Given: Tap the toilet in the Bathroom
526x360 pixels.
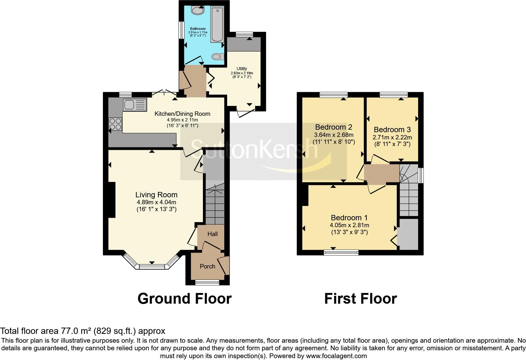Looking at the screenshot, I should (217, 57).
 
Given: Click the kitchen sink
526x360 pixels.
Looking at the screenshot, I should (135, 104).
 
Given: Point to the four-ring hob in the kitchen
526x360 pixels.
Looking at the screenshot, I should (115, 123).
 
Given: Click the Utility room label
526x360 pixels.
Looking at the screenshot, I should (242, 69).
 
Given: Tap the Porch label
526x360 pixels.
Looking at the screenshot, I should (208, 266).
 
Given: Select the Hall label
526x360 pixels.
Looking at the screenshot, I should (212, 234).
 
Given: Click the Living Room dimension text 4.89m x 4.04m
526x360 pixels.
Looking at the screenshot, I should (156, 202).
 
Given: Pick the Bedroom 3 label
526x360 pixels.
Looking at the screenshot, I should (392, 130).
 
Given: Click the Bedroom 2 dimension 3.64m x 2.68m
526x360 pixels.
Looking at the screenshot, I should (333, 135).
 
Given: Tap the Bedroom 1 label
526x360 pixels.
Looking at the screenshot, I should (349, 218).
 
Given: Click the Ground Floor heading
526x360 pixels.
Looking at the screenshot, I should (184, 298).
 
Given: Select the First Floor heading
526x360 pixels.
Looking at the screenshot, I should (361, 298).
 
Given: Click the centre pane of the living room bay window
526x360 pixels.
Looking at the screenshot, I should (152, 267).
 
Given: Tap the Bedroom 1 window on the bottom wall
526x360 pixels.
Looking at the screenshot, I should (341, 252).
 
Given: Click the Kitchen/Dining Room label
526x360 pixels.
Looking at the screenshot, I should (182, 114).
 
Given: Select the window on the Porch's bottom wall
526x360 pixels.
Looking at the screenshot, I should (207, 282).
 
